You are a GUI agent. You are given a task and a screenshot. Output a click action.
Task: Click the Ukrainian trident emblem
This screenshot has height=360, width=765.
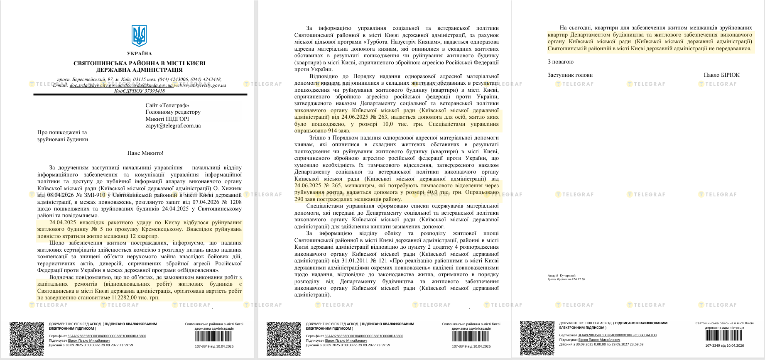(x=139, y=36)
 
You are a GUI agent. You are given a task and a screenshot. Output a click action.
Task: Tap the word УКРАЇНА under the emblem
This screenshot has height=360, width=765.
(x=140, y=54)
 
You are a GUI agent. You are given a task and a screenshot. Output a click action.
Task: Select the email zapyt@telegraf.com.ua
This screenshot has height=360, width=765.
(x=173, y=125)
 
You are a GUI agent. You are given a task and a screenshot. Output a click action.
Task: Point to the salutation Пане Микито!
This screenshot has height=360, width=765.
(x=145, y=153)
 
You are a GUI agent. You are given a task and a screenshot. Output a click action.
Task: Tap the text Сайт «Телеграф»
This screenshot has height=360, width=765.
(x=167, y=105)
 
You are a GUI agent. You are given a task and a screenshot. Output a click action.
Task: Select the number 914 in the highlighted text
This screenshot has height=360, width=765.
(x=333, y=131)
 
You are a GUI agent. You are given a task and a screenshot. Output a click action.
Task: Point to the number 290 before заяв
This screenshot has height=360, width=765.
(x=299, y=199)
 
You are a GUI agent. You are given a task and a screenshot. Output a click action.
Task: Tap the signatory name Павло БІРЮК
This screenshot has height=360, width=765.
(x=721, y=75)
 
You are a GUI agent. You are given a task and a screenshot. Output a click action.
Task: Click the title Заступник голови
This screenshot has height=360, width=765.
(x=570, y=75)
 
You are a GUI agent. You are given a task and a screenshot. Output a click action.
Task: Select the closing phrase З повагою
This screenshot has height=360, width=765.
(x=560, y=62)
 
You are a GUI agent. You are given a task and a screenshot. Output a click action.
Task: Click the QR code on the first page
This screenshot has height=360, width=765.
(x=27, y=338)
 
